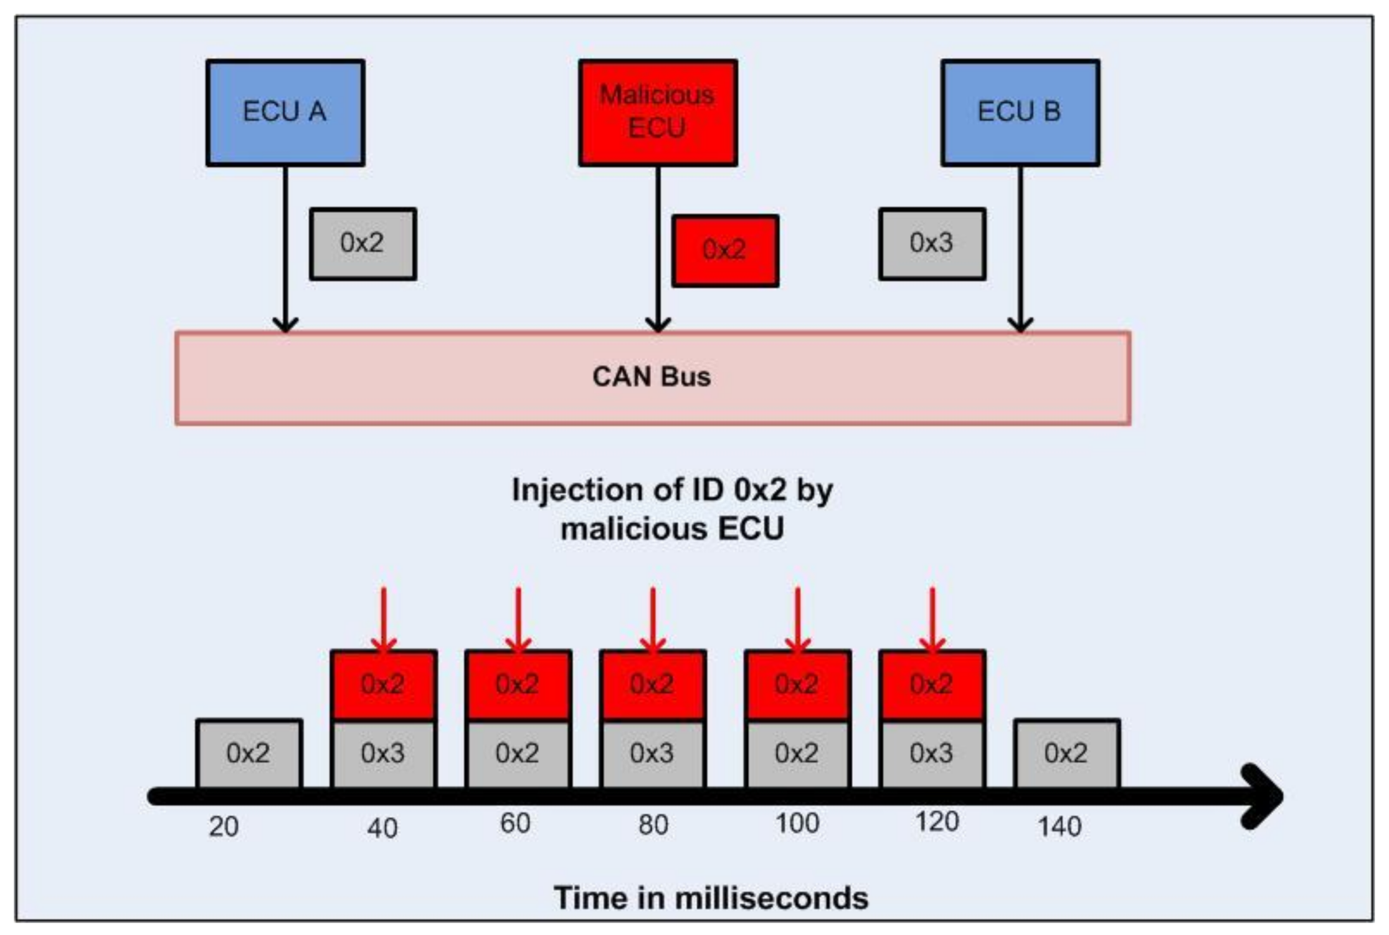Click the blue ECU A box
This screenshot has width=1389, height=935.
click(285, 113)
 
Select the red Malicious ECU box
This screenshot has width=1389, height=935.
click(658, 113)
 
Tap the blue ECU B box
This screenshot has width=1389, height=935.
click(1020, 113)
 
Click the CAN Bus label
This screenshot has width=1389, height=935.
click(652, 377)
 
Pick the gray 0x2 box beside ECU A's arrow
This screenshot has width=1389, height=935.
click(363, 244)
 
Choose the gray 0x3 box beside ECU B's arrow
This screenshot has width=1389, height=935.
click(932, 244)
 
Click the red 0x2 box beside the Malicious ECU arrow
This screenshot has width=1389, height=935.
click(725, 251)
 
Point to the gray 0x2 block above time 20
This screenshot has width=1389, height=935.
click(249, 754)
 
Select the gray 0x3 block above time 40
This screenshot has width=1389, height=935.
click(384, 754)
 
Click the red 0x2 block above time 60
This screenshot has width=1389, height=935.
click(518, 685)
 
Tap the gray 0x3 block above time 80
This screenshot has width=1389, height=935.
click(653, 754)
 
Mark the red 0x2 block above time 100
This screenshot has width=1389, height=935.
click(797, 685)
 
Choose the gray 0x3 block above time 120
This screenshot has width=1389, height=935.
click(932, 754)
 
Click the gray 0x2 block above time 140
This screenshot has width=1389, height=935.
click(1066, 754)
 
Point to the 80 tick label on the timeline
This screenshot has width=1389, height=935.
click(653, 825)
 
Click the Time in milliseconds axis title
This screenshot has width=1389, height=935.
click(711, 898)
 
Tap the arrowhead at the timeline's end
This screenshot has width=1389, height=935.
click(1261, 796)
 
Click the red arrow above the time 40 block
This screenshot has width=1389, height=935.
click(384, 620)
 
